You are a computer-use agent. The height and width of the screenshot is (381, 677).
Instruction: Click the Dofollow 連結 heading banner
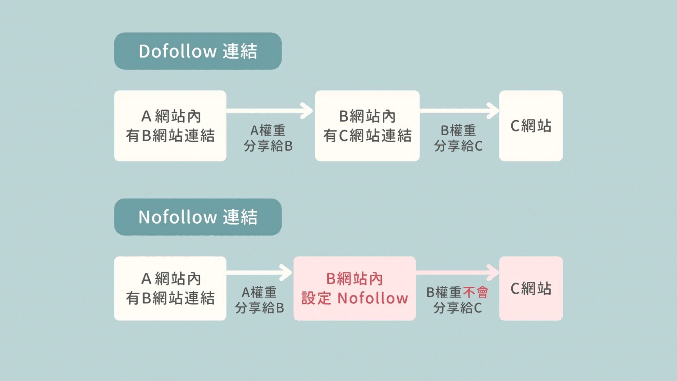(x=198, y=51)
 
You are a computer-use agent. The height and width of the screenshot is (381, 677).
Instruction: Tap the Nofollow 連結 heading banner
(x=198, y=217)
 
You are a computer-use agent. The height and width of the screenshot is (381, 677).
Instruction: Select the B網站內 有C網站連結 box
(x=367, y=126)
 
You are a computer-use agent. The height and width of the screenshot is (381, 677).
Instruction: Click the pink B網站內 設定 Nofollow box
(x=354, y=288)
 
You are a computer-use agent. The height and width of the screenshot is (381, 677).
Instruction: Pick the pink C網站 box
(x=531, y=288)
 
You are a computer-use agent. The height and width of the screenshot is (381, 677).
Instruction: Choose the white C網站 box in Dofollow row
(x=531, y=126)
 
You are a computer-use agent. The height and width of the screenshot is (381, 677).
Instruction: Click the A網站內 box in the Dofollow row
(x=170, y=126)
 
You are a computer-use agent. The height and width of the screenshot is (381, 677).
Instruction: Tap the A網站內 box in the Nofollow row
(x=170, y=288)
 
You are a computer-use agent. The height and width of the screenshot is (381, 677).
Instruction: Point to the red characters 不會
(x=475, y=292)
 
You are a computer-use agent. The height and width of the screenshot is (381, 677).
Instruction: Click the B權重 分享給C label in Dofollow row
(x=458, y=138)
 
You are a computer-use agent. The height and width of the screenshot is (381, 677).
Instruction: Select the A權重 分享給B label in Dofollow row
(x=268, y=138)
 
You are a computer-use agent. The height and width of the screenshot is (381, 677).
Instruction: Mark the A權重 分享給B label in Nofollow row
(x=259, y=300)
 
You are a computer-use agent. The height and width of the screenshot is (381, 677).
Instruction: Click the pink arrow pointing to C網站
(x=457, y=273)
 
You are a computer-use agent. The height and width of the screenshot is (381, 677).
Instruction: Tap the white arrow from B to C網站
(x=459, y=111)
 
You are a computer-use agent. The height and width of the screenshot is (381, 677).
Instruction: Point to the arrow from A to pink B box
(x=259, y=273)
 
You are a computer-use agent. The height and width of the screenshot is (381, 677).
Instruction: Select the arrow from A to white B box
(x=270, y=111)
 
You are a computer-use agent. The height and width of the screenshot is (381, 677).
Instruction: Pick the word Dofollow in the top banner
(x=177, y=51)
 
